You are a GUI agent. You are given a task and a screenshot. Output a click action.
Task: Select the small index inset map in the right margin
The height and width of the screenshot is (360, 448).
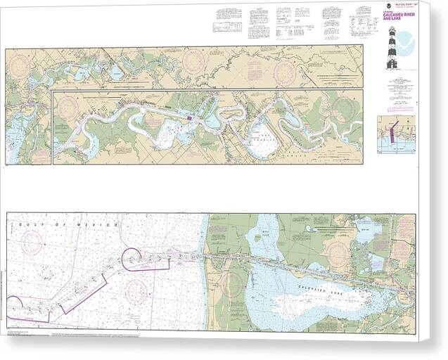(x=396, y=134)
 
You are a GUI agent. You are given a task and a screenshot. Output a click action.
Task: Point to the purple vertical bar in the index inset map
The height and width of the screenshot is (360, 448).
(x=393, y=131)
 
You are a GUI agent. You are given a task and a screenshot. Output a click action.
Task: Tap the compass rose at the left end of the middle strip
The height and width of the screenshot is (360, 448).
(x=68, y=107)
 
